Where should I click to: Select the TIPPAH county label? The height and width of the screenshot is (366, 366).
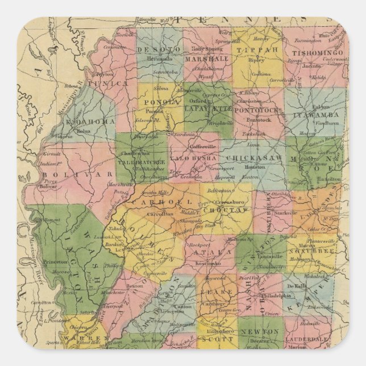click(x=261, y=50)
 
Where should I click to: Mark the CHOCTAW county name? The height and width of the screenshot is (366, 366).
click(x=228, y=210)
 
